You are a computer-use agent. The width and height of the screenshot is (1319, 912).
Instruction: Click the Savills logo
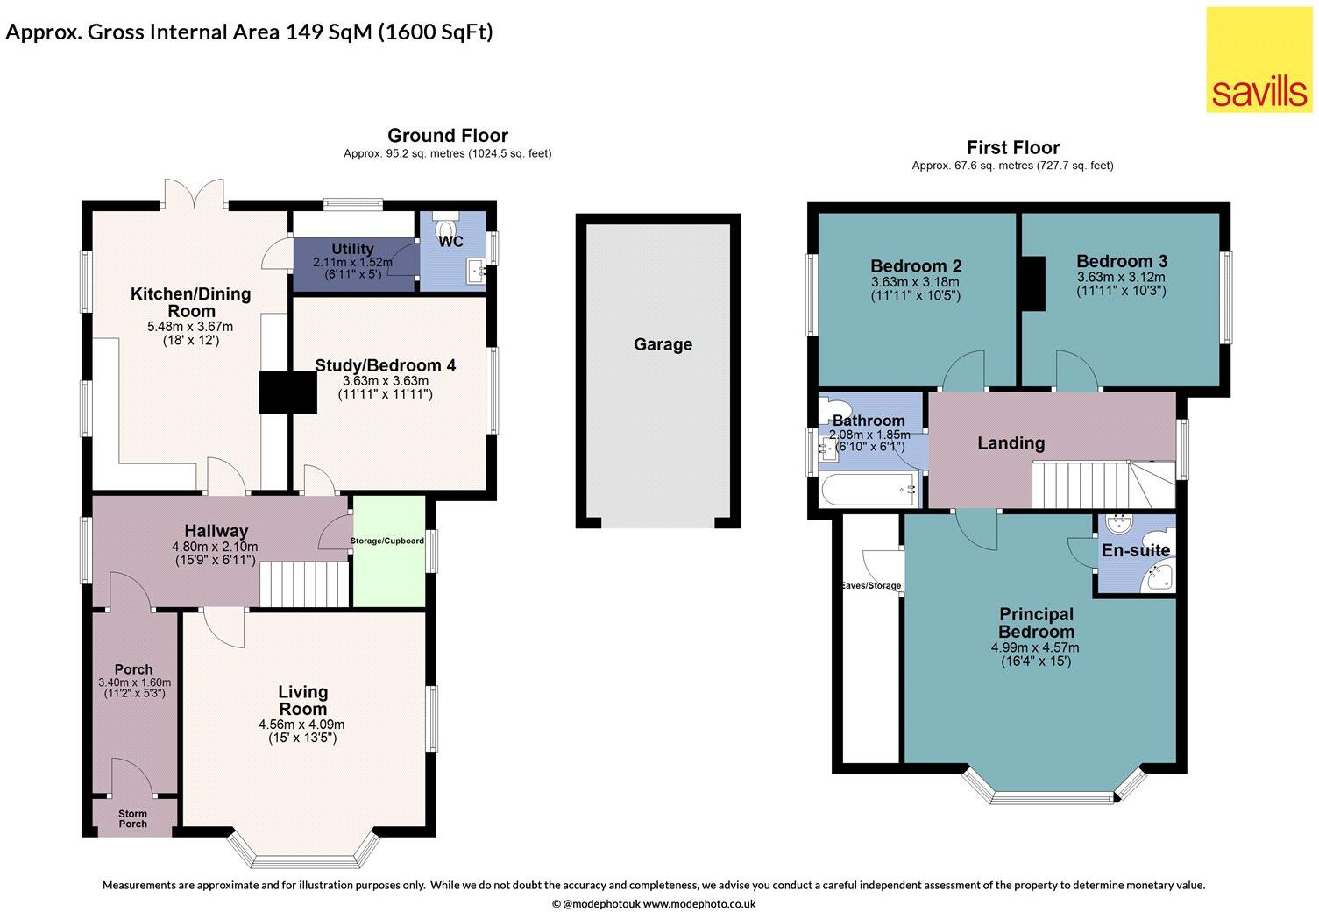point(1259,60)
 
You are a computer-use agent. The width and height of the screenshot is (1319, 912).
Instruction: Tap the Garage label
point(663,344)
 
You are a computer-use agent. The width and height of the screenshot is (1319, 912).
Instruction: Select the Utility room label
point(352,249)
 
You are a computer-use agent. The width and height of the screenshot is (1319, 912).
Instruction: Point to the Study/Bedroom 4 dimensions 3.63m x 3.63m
point(385,381)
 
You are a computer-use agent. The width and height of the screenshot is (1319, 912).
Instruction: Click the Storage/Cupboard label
point(387,541)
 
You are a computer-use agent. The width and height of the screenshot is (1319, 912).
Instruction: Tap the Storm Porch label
point(133,819)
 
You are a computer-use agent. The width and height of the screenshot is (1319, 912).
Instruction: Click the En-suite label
point(1135,550)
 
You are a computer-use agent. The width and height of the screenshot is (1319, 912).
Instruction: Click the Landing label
point(1011,443)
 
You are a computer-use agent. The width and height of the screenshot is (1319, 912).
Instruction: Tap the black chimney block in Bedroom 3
point(1035,284)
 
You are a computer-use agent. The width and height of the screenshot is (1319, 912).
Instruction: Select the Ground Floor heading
point(448,135)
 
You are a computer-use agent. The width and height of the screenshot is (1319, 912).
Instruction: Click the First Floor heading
point(1013,147)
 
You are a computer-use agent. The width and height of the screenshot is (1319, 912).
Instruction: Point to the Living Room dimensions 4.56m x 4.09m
point(301,725)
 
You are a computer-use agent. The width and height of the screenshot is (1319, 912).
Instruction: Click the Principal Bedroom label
point(1036,623)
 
